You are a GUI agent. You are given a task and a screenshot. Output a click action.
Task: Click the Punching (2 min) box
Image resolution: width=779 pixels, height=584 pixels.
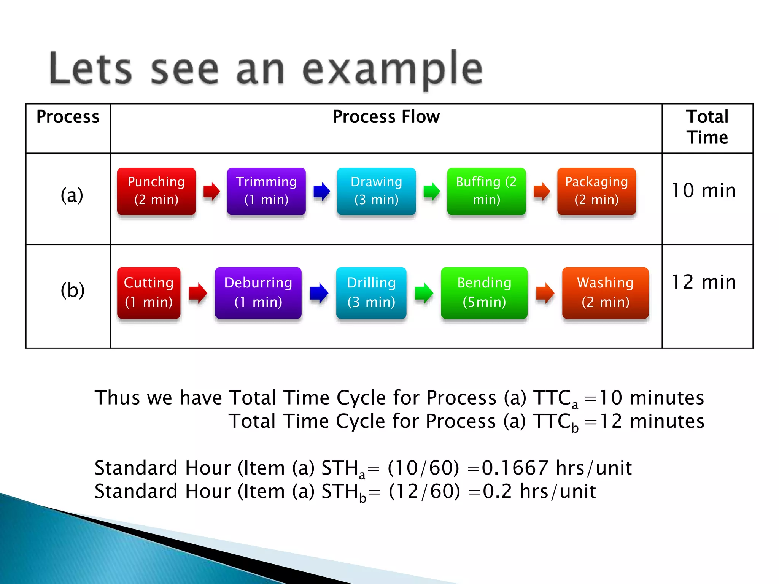[156, 191]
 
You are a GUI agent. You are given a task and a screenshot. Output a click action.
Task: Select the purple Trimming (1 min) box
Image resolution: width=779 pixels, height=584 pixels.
[266, 191]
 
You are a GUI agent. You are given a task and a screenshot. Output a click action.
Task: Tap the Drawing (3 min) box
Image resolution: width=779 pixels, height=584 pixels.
[376, 191]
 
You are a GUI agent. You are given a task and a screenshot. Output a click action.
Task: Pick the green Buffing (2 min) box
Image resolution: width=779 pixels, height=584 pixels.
[486, 191]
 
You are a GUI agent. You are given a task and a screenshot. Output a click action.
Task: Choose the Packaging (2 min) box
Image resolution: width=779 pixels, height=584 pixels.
[596, 191]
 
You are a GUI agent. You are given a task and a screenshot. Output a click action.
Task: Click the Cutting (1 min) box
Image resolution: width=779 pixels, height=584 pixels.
[149, 293]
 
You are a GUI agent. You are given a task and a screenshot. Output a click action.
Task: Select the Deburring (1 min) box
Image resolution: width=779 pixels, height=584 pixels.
[258, 293]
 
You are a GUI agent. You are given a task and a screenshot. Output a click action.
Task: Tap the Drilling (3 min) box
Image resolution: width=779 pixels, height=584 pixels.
[371, 293]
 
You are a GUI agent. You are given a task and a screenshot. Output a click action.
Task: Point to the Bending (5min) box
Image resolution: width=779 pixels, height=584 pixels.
[484, 293]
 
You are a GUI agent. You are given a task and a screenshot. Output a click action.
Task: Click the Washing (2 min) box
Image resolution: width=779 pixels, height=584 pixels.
[605, 293]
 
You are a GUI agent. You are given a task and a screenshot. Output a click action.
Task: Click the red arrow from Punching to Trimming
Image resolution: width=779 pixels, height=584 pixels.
[211, 191]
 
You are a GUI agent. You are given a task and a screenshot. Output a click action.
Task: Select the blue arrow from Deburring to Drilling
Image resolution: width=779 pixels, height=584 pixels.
[319, 293]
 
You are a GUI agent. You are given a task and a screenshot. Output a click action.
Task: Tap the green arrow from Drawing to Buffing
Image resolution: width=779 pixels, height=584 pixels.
[431, 191]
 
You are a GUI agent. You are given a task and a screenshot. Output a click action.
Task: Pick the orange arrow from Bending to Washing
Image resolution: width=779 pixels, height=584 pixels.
[545, 293]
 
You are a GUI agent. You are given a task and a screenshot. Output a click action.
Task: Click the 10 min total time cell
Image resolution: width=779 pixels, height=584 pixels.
[704, 191]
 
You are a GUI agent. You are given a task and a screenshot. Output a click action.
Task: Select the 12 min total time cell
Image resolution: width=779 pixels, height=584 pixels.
[704, 282]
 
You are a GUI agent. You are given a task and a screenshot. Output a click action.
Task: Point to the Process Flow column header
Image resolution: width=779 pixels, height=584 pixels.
[386, 117]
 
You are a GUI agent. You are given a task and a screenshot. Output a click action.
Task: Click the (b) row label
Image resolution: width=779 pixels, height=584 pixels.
[72, 291]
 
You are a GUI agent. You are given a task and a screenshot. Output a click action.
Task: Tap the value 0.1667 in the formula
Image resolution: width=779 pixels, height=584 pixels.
[515, 468]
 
